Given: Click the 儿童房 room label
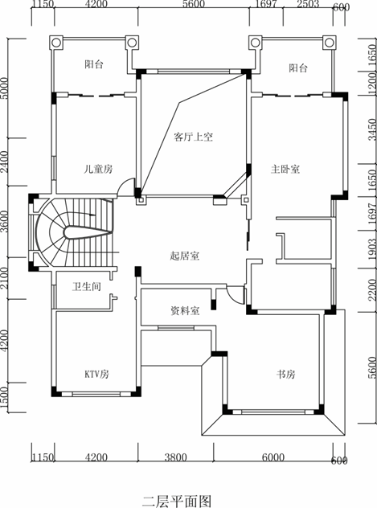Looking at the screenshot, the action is pos(98,169).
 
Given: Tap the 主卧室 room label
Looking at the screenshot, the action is pos(285,169).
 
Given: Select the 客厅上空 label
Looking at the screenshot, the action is pos(194,137).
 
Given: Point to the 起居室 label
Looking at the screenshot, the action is pos(185,256).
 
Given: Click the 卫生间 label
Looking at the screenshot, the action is pos(87,286).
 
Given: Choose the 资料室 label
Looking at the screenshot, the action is pos(185,311).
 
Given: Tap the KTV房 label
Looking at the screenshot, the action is pos(96,375).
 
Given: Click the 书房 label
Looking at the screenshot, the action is pos(285,375).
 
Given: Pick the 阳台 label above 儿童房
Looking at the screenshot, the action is pos(94,64).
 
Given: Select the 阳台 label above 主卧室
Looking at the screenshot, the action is pos(298,68).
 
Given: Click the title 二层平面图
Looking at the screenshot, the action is pos(177,501).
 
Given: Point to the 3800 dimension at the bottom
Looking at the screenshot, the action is pos(175,457).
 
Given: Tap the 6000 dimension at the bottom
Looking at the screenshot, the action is pos(273,457).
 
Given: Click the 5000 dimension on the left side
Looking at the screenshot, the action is pos(4,88).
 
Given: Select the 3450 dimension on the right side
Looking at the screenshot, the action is pos(372,129).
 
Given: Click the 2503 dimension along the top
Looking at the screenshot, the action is pos(308,4).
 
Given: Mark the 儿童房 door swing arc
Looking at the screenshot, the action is pos(123,183).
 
